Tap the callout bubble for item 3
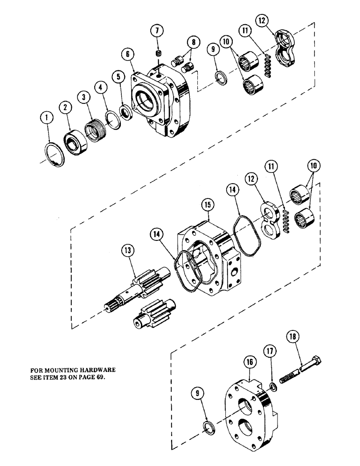84,97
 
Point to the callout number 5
118,75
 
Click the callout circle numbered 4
101,87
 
